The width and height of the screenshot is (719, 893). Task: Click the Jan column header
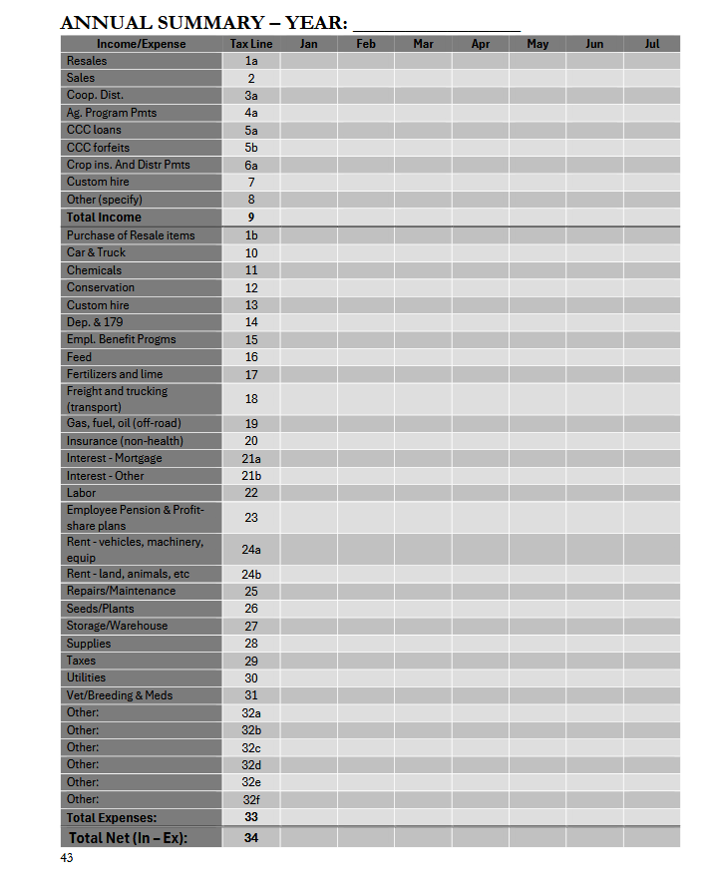coord(308,44)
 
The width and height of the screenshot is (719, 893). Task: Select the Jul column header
coord(652,44)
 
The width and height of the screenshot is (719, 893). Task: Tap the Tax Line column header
coord(251,44)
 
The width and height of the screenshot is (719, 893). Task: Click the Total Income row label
coord(104,218)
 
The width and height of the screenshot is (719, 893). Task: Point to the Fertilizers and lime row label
coord(115,374)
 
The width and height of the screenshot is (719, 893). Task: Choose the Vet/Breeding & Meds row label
coord(120,695)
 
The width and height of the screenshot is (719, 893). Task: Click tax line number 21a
coord(251,458)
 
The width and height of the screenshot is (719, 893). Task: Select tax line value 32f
coord(251,799)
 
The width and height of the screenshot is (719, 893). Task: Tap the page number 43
coord(67,858)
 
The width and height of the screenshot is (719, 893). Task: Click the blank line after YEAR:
coord(437,23)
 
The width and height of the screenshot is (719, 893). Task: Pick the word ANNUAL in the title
coord(105,23)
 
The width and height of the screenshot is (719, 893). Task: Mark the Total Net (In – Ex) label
coord(128,838)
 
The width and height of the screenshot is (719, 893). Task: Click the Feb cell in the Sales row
coord(366,78)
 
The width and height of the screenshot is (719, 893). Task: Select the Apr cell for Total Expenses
coord(481,817)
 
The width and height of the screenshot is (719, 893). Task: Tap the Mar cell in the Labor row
coord(423,493)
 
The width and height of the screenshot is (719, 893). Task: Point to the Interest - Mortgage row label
coord(114,458)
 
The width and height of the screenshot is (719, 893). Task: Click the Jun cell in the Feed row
coord(594,357)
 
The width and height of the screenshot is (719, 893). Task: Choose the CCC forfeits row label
coord(98,148)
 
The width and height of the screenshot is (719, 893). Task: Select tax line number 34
coord(251,838)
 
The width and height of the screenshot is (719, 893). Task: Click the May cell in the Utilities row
coord(538,677)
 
